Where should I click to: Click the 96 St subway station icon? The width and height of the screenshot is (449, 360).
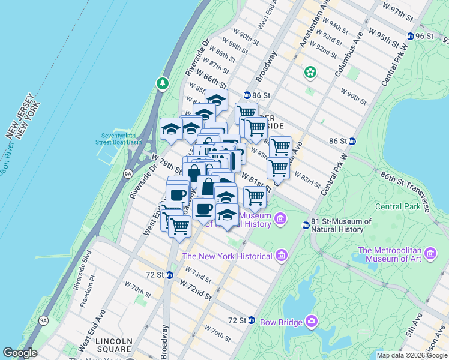pos(411,36)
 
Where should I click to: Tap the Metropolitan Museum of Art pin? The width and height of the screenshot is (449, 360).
pos(430,254)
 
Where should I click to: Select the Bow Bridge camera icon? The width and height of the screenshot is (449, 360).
pos(312,322)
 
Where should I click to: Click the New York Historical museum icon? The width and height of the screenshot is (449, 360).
pos(282,256)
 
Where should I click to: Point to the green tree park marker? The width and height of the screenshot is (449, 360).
pos(162,83)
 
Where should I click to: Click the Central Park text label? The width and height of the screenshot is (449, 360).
pos(396,207)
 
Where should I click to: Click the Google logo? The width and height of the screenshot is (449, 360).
pos(20,353)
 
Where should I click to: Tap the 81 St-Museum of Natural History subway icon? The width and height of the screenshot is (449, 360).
pos(306,226)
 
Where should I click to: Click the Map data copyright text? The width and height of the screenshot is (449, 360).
pos(412,355)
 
